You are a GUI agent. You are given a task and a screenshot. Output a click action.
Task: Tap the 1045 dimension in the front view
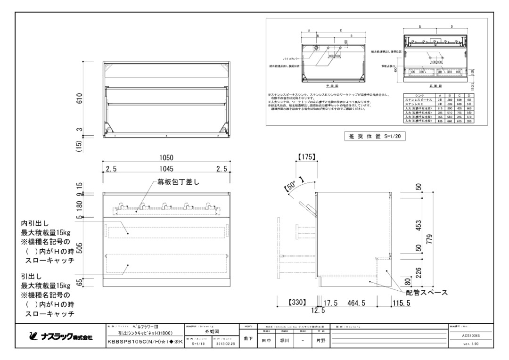point(166,169)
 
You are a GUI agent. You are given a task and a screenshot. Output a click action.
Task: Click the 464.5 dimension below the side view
point(354,303)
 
